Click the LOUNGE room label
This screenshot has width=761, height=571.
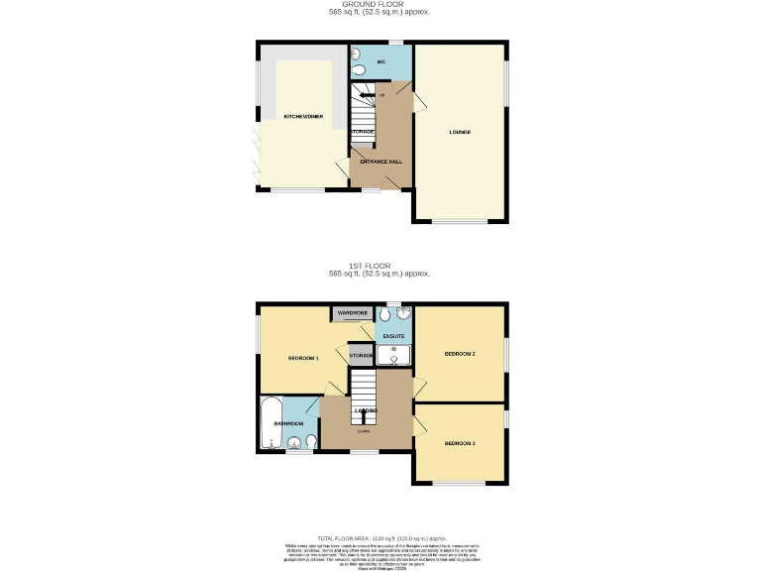point(460,132)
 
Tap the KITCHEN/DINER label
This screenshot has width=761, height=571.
point(303,117)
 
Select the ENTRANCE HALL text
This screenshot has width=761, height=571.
point(380,161)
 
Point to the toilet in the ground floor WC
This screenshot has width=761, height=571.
point(360,68)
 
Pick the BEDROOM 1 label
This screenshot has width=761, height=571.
point(303,358)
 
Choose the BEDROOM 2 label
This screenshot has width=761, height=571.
point(460,354)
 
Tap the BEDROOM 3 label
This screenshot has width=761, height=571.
point(460,443)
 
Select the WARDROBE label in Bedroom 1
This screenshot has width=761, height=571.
point(352,314)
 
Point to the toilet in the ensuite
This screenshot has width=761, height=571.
point(384,317)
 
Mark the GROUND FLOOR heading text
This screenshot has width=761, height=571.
point(380,5)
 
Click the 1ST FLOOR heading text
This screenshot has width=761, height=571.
point(380,266)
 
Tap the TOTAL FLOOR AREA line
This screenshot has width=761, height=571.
point(380,536)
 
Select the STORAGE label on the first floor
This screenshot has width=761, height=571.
point(360,355)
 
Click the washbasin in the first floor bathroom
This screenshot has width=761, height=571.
point(312,441)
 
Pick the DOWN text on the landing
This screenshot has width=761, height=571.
point(365,430)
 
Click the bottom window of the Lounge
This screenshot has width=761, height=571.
point(460,221)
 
